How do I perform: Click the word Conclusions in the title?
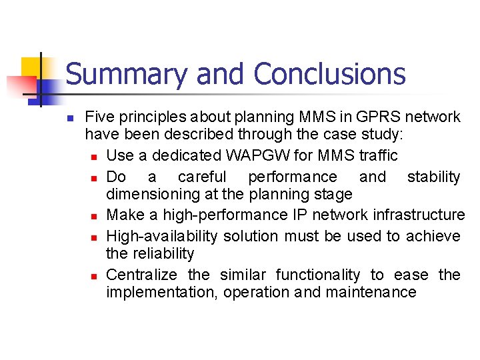[329, 74]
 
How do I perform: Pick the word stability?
[433, 177]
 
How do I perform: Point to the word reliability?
[163, 254]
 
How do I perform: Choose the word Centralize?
[141, 275]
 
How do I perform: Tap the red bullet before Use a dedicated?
[97, 157]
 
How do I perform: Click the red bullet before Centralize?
[97, 275]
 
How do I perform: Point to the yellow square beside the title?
[31, 68]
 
